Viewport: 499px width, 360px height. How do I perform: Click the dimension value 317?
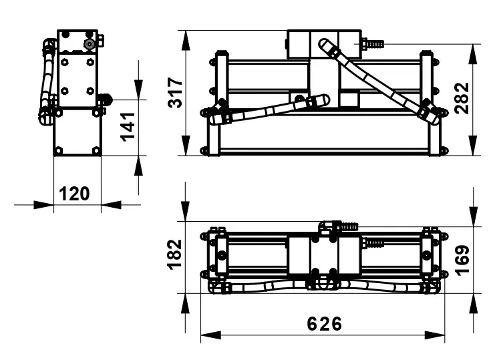point(175,92)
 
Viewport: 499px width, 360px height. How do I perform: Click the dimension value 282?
point(462,98)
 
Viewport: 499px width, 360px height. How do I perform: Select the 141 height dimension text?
point(128,127)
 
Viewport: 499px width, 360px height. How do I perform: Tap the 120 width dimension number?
point(74,194)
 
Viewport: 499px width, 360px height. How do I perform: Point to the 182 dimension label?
point(175,255)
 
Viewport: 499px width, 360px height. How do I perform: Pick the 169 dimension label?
point(462,260)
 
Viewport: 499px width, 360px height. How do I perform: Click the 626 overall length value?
point(324,324)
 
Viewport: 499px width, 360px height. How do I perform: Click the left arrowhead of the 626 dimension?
point(210,335)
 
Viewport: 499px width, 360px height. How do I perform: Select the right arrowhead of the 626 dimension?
point(435,335)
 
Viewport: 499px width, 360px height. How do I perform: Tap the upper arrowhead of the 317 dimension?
point(186,41)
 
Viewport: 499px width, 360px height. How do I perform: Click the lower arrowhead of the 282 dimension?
point(474,146)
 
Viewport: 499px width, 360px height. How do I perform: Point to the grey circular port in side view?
point(90,44)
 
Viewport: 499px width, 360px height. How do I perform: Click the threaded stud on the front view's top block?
point(373,43)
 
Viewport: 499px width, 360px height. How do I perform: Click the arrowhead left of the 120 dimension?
point(43,205)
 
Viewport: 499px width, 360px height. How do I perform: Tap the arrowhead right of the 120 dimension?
point(112,205)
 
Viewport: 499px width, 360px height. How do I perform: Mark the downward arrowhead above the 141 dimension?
point(138,89)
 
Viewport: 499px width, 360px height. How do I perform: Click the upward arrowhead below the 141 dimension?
point(138,166)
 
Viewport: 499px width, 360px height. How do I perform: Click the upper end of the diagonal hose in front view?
point(324,43)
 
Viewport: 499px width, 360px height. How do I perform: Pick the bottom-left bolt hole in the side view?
point(59,150)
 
